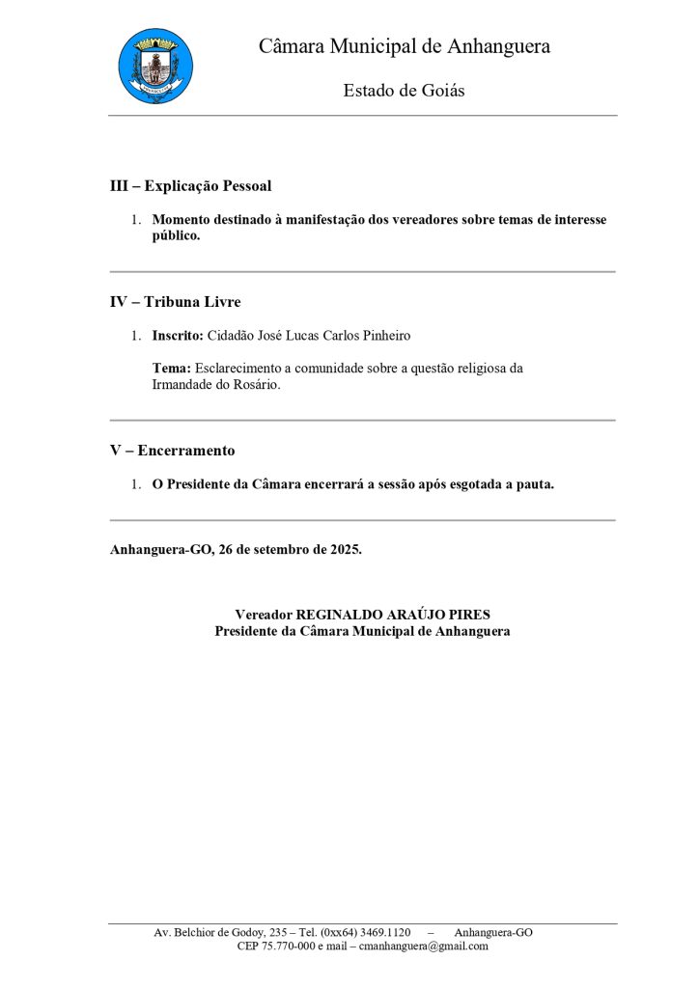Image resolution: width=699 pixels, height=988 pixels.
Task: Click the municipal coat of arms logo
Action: pos(155,66)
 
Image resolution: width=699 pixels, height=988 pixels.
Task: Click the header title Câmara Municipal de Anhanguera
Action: pos(404,46)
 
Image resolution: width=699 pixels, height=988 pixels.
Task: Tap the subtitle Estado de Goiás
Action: pos(404,91)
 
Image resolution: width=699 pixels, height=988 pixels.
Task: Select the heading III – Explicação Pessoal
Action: pos(190,185)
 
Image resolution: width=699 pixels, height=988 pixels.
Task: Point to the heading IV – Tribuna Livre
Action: pos(175,302)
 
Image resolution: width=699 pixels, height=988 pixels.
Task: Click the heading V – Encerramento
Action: pos(172,451)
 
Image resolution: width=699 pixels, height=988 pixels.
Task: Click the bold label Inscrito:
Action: pos(178,336)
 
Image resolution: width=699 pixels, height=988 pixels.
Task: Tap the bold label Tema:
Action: pos(172,369)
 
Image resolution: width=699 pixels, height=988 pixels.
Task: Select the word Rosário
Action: pos(254,385)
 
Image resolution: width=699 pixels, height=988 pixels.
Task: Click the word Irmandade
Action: pos(183,385)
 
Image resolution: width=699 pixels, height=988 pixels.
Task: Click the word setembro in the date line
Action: pos(271,550)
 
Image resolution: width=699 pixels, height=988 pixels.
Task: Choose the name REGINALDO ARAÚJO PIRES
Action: pos(393,615)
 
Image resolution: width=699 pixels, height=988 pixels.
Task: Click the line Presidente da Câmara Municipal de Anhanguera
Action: pos(362,631)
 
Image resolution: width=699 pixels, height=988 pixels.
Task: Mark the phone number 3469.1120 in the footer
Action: pos(383,933)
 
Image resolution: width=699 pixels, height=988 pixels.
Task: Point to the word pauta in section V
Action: pos(533,484)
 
